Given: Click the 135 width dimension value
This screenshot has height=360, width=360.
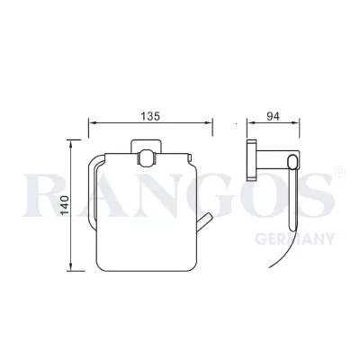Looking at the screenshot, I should click(148, 115).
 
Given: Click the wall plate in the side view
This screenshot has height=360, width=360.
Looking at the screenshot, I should click(253, 161).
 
